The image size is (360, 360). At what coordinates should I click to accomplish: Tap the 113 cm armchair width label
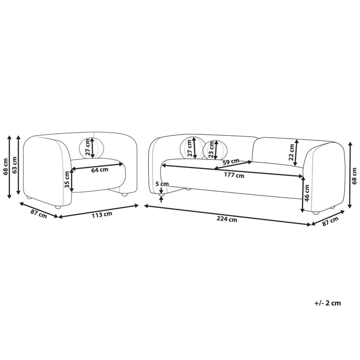(102, 214)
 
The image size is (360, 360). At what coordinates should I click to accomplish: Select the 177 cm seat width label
(234, 175)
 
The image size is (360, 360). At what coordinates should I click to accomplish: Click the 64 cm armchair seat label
(100, 170)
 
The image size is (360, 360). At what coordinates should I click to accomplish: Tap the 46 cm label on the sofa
(307, 193)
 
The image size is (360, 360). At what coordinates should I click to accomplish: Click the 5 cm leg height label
(162, 184)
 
